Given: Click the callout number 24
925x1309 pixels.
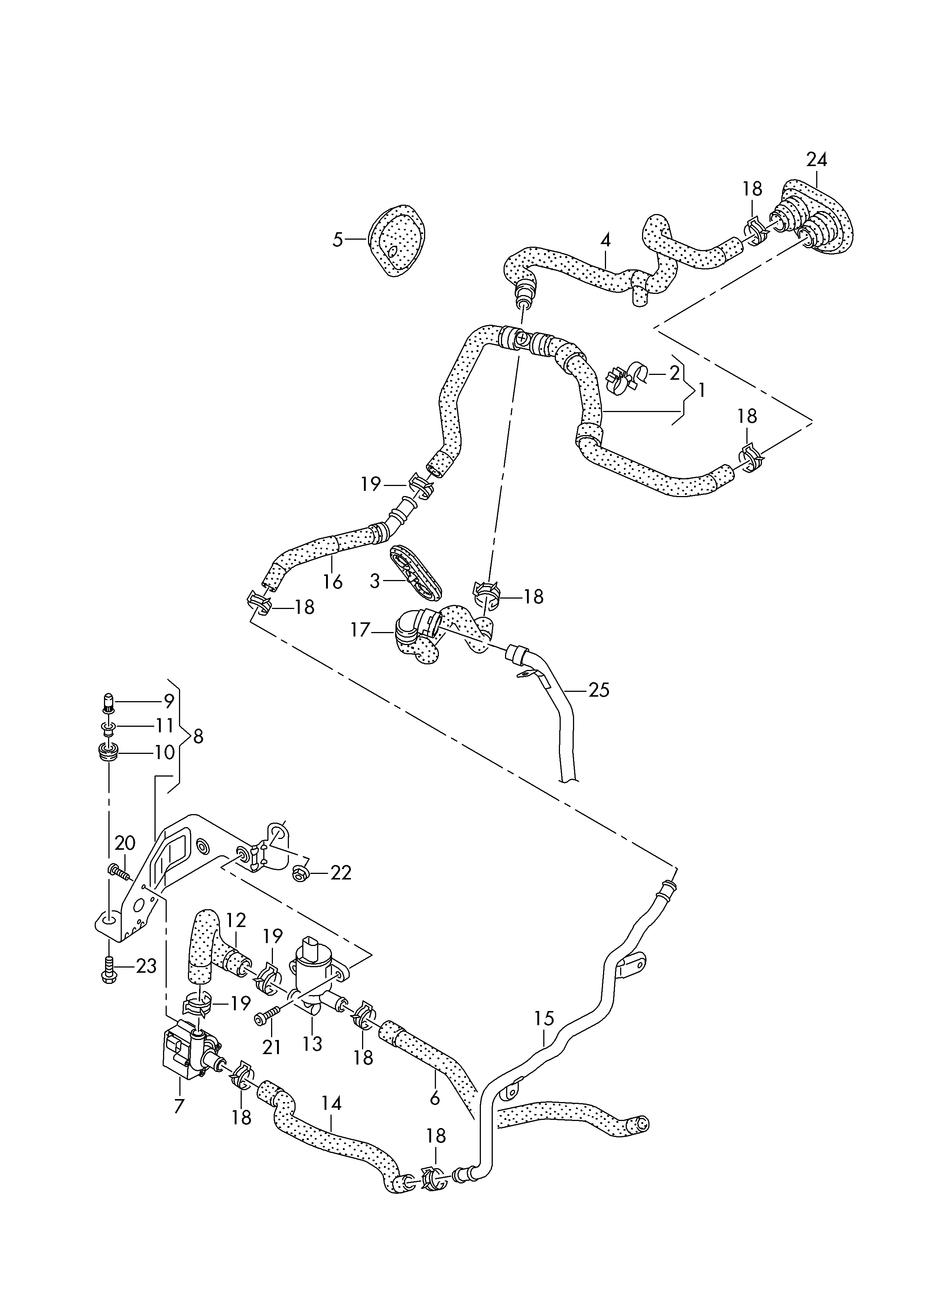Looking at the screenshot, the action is pos(816,160).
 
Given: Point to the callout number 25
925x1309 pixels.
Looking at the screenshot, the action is pos(599,690).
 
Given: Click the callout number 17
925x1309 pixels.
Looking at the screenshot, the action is pos(361,630).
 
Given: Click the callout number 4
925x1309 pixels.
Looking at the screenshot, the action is pos(605,240).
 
